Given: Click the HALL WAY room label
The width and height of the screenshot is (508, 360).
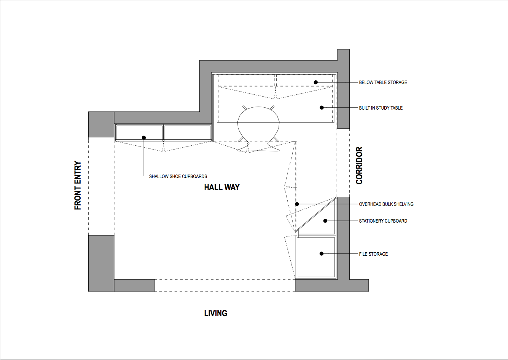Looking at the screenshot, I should [222, 187].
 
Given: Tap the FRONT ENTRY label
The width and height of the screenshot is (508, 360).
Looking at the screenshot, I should [78, 185].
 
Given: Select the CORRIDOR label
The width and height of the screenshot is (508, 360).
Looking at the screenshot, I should [359, 166].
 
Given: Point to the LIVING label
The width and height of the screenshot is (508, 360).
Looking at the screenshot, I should [216, 313].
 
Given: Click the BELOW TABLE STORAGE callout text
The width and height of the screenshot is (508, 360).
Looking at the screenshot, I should [383, 82].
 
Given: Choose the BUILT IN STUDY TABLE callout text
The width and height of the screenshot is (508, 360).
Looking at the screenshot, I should [381, 108].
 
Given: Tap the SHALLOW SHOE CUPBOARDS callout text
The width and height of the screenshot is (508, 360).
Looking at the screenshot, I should [178, 176].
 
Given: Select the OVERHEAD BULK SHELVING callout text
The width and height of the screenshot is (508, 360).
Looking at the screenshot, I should [386, 204].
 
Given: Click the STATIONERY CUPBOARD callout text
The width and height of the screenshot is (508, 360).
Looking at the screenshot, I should [383, 221].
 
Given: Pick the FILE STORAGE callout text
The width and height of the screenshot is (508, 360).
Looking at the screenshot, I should [373, 254].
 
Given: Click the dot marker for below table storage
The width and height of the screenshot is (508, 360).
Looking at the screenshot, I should [316, 82].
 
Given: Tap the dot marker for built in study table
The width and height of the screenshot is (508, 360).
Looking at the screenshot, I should [322, 108].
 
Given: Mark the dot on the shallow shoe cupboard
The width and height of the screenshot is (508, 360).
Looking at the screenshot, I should [144, 137].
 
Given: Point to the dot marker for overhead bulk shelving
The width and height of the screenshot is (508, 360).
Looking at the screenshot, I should [297, 204].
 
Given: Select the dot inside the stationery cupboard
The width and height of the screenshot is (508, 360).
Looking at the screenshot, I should [325, 221].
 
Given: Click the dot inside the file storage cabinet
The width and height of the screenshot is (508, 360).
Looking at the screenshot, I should [322, 254].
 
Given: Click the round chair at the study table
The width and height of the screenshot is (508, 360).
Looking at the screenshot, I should [258, 124].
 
